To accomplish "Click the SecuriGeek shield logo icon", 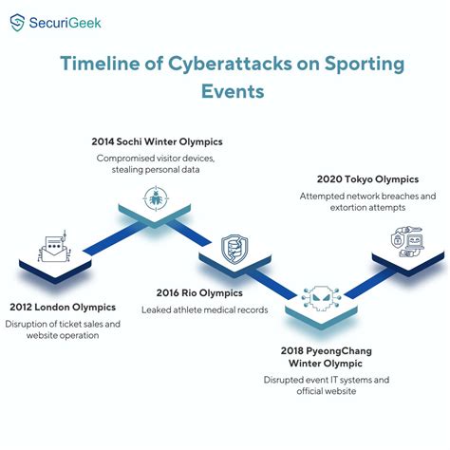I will click(x=18, y=23).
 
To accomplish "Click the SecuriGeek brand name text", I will click(x=66, y=23).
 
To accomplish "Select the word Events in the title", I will click(x=225, y=94).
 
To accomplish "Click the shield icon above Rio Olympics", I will click(x=233, y=249).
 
